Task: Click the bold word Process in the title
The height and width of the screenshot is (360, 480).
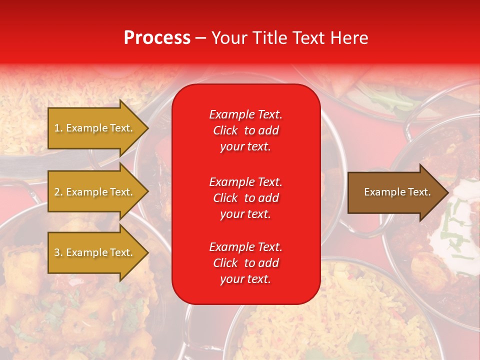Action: click(x=157, y=38)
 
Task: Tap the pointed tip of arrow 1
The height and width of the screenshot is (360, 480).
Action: click(x=146, y=128)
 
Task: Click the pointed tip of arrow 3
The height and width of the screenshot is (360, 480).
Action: click(x=146, y=252)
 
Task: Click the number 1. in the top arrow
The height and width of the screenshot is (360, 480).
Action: click(x=58, y=128)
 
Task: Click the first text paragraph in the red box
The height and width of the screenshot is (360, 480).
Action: click(x=245, y=130)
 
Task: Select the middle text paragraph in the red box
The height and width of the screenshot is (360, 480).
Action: click(x=245, y=198)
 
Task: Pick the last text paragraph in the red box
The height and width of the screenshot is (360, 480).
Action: click(x=245, y=263)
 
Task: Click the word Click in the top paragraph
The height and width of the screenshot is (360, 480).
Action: click(x=225, y=130)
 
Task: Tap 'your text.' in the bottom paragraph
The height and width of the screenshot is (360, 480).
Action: click(x=245, y=279)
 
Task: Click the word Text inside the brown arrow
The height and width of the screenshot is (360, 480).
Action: click(x=417, y=192)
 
